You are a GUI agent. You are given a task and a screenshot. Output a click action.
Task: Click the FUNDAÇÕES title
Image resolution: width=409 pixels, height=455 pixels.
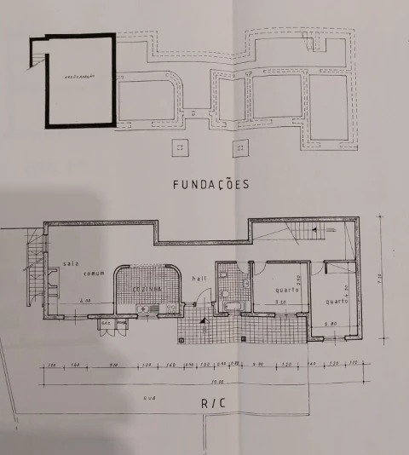pos(210,183)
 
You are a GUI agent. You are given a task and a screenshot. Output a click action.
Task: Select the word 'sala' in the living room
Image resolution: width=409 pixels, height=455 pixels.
pos(70,263)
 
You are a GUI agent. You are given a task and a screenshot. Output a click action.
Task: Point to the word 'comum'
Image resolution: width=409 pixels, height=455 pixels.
pos(93,274)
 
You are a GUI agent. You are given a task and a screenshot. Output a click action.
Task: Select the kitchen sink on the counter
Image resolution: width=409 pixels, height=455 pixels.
pos(146,308)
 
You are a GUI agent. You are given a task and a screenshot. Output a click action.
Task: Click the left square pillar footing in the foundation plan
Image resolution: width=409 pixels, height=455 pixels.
pos(179,147)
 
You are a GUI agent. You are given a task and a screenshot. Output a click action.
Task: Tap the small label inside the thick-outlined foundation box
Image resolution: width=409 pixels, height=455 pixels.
pos(78,77)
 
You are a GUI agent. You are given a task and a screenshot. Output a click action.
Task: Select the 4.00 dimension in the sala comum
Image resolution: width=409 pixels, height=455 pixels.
pos(86,302)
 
